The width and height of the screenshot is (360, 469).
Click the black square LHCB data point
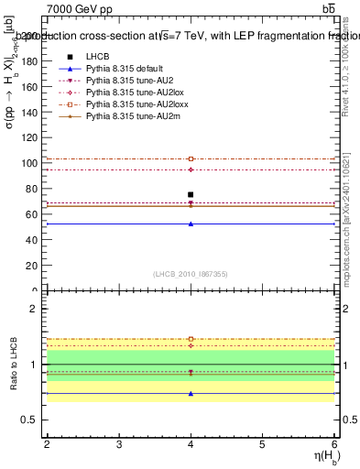pos(191,194)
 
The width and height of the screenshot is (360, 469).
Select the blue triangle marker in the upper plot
pos(191,224)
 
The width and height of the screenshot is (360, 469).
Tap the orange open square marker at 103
pos(191,158)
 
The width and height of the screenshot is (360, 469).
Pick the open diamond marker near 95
pos(191,169)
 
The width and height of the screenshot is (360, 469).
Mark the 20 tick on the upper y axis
pos(35,266)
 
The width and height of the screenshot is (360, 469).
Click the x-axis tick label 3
pos(119,444)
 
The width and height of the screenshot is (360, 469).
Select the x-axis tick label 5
pos(263,444)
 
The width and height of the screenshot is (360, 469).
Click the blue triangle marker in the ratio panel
pos(191,393)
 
